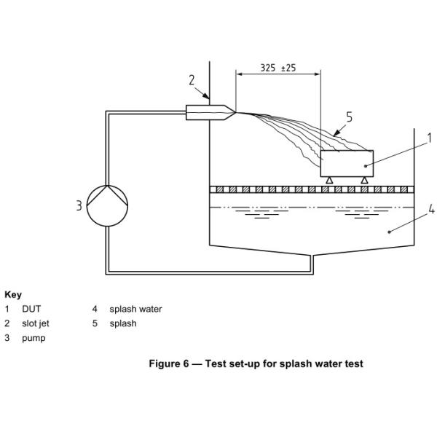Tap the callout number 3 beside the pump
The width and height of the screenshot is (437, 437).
pos(79,206)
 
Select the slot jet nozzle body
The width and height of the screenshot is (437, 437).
pos(210,113)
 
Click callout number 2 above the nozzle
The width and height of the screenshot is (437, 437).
pos(192,80)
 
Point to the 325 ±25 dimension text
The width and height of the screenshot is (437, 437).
pos(278,68)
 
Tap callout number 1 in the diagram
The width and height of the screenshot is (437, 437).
pos(430,138)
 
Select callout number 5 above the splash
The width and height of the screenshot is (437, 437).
pos(349,117)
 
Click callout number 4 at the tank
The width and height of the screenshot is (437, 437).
pos(431,209)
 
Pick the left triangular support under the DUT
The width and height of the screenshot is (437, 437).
pos(329,181)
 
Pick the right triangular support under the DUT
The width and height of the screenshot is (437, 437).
pos(364,181)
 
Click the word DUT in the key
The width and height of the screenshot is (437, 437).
pos(31,309)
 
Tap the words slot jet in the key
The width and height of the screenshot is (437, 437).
pos(36,323)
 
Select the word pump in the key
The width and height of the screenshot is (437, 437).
pos(34,339)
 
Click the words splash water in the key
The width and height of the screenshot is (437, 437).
pos(135,309)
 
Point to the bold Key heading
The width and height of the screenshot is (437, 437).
pos(13,294)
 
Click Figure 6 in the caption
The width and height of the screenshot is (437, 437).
pos(169,363)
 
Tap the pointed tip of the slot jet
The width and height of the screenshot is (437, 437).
pos(236,112)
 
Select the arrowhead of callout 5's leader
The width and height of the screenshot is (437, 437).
pos(336,133)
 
